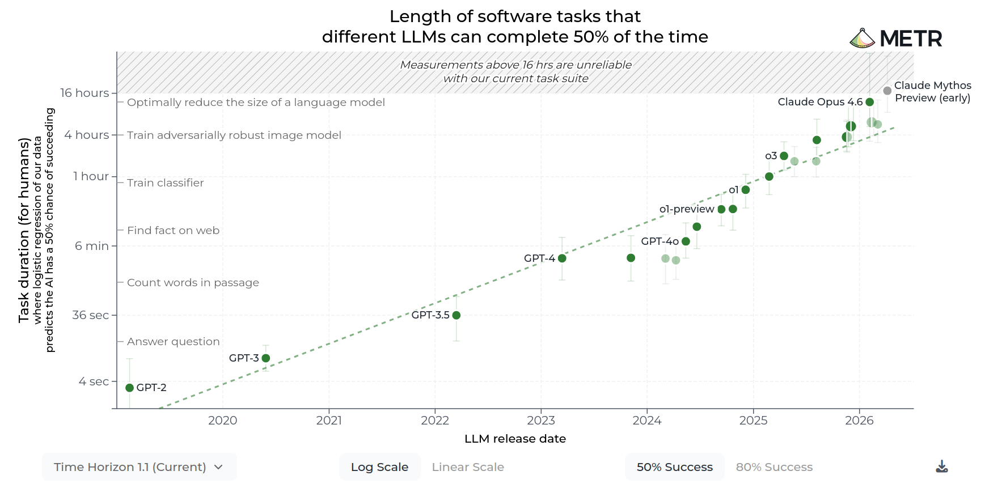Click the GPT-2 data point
click(x=129, y=388)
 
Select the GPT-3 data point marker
click(x=266, y=358)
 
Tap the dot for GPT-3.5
click(x=456, y=315)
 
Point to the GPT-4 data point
click(x=562, y=258)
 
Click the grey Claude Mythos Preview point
click(x=887, y=91)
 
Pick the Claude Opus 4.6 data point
click(x=870, y=102)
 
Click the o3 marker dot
click(x=784, y=156)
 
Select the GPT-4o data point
click(x=686, y=241)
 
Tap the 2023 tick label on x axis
click(x=541, y=421)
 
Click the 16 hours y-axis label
click(x=84, y=93)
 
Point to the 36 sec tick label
click(x=91, y=315)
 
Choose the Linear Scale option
click(x=468, y=467)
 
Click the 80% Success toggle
click(x=774, y=467)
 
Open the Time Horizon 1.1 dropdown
click(x=139, y=467)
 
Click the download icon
click(x=942, y=466)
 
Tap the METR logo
click(x=896, y=39)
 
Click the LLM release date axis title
click(x=515, y=439)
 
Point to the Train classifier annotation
click(x=165, y=183)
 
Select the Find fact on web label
click(x=173, y=231)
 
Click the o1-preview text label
click(x=687, y=209)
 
